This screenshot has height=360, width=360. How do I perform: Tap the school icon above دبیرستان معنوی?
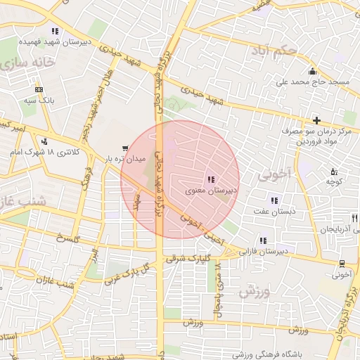[x=212, y=180]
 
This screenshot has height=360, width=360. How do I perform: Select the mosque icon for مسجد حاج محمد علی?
[x=312, y=72]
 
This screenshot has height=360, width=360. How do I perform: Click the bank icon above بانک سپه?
[x=38, y=90]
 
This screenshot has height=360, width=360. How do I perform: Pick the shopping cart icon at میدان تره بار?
[x=125, y=148]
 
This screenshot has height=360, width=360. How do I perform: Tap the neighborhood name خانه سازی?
[x=28, y=62]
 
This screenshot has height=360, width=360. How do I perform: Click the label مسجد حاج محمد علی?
[x=312, y=82]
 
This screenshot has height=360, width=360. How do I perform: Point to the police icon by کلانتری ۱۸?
[x=44, y=141]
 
